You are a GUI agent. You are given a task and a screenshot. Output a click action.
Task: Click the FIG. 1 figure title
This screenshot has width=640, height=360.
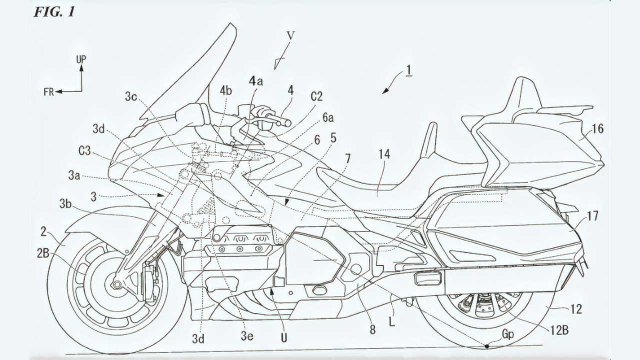[54, 12]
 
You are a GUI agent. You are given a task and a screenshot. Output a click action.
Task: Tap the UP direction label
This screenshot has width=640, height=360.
[81, 59]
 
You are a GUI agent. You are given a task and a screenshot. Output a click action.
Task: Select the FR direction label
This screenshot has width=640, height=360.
[48, 92]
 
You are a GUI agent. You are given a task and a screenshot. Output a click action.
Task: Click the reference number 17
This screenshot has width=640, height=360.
[592, 216]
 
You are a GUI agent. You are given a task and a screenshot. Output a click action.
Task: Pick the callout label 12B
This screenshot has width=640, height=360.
[558, 330]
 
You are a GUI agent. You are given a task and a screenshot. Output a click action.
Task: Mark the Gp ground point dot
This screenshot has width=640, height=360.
[487, 346]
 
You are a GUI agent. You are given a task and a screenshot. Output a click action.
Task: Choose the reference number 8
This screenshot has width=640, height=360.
[372, 329]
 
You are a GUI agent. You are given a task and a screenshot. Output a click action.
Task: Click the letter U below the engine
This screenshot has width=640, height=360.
[283, 338]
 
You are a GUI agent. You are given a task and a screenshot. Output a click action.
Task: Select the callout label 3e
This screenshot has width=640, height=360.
[247, 336]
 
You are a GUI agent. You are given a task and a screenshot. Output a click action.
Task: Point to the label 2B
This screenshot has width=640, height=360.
[43, 253]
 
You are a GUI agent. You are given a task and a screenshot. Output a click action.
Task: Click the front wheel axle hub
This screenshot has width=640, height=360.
[116, 284]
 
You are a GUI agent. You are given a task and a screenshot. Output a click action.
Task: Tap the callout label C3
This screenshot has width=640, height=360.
[84, 150]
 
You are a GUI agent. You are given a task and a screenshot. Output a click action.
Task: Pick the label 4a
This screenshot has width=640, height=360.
[255, 81]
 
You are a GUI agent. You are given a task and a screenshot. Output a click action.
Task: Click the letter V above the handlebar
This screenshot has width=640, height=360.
[290, 35]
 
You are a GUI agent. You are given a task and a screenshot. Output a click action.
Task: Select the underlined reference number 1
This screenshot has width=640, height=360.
[409, 70]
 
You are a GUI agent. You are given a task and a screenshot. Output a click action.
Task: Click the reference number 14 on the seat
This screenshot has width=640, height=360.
[384, 154]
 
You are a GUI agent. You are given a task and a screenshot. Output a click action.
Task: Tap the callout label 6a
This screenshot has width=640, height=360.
[328, 117]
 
